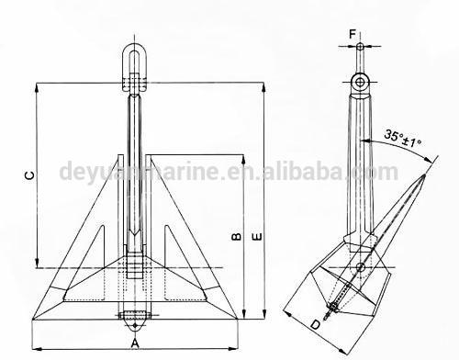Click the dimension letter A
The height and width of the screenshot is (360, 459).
click(135, 343)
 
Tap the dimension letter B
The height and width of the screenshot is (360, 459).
click(236, 237)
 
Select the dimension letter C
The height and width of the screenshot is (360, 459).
click(29, 175)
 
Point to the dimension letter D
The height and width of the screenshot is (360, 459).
click(315, 324)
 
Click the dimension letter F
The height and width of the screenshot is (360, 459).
click(353, 34)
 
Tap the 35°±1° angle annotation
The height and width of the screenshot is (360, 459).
click(403, 139)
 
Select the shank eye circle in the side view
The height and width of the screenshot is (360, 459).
click(361, 82)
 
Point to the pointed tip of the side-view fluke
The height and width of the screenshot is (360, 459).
click(424, 175)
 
